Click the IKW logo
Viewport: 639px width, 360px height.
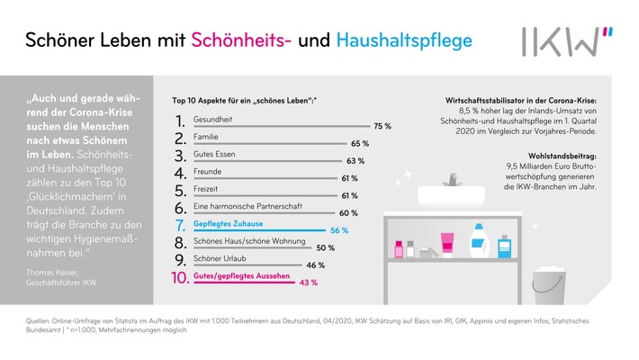(x=566, y=40)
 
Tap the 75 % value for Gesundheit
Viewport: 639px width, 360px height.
(x=382, y=126)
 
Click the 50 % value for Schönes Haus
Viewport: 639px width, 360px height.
(x=325, y=247)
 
